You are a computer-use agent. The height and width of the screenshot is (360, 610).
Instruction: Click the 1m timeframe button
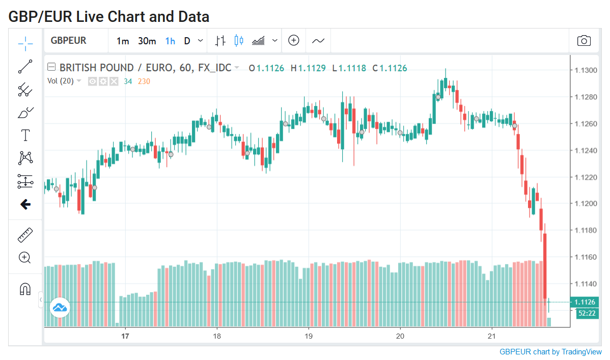coord(123,41)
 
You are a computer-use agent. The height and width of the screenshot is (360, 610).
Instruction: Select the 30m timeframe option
coord(147,41)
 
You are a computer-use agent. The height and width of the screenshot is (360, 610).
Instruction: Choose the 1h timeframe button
coord(170,41)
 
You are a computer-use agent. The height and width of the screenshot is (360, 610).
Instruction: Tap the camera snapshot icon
coord(584,40)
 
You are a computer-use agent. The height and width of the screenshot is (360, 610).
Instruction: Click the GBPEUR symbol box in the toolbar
coord(68,40)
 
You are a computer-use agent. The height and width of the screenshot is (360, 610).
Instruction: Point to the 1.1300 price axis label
coord(586,70)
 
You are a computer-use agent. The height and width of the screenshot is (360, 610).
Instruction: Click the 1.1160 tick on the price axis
coord(586,257)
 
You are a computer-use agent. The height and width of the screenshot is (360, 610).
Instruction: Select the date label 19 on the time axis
coord(309,336)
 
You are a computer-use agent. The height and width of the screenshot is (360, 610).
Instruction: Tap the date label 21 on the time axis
coord(492,336)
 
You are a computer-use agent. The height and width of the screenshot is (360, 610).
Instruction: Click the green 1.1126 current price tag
coord(585,302)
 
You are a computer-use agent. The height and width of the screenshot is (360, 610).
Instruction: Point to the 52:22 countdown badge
coord(587,313)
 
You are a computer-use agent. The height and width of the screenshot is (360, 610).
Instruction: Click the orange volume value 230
coord(144,81)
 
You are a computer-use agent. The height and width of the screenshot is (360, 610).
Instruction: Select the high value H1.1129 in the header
coord(308,68)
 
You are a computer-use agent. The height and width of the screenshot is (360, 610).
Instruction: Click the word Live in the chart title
coord(90,17)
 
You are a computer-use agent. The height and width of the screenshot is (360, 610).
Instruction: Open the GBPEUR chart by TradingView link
coord(550,352)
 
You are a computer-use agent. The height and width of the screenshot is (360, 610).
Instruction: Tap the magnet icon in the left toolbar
coord(25,289)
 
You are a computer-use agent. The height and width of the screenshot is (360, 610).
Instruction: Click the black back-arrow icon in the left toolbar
coord(25,204)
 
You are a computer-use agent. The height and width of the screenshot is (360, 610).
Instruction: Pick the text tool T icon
coord(25,135)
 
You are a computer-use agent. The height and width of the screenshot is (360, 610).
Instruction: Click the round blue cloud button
coord(60,308)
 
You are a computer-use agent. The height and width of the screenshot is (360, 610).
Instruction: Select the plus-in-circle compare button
coord(294,40)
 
